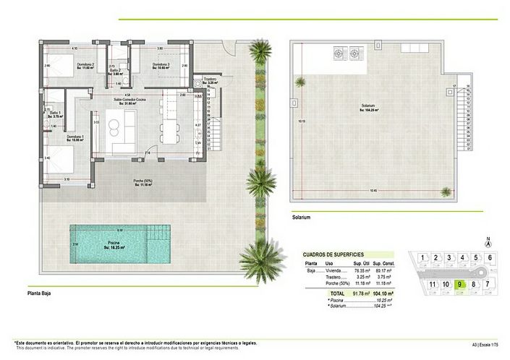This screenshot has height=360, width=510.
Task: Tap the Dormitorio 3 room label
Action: [x=161, y=64]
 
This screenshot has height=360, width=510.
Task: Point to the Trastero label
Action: [x=211, y=80]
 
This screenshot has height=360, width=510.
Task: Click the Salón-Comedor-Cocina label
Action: [x=130, y=100]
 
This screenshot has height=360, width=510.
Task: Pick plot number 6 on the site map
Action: [x=489, y=258]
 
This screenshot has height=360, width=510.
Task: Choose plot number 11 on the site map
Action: [x=433, y=284]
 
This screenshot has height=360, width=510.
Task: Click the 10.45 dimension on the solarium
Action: [x=373, y=191]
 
